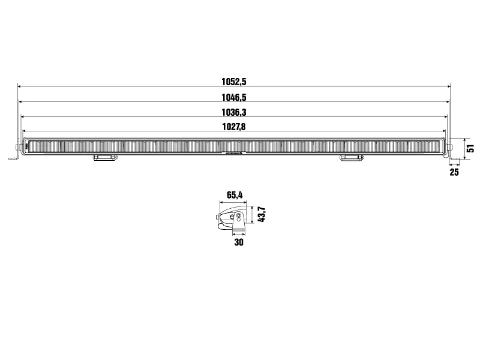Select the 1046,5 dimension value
pos(234,97)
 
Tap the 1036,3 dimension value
pos(234,112)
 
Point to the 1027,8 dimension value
pos(234,126)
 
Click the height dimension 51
pos(471,148)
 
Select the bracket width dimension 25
pos(454,173)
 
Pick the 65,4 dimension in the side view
pos(235,194)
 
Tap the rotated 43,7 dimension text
pos(262,214)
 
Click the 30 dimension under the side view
pos(239,242)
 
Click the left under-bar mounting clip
pos(104,158)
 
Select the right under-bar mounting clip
pos(352,158)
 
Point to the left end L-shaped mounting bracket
pos(15,153)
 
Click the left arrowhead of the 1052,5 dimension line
pos(19,86)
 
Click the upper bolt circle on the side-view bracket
pos(239,216)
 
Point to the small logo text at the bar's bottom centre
pos(233,154)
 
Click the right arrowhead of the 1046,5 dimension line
pos(448,101)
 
